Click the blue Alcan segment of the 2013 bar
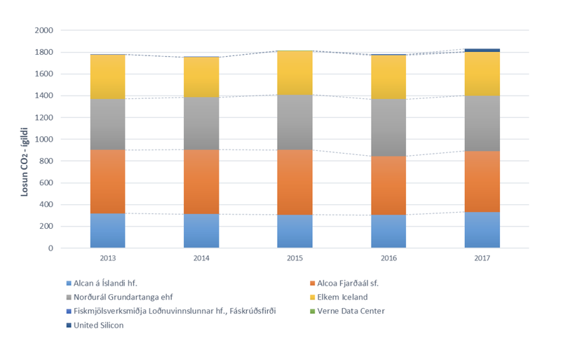pyautogui.click(x=107, y=230)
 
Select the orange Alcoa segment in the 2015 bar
pyautogui.click(x=295, y=182)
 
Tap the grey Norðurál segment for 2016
pyautogui.click(x=388, y=127)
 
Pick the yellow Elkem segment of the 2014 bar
pyautogui.click(x=201, y=77)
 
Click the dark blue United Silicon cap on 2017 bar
pyautogui.click(x=482, y=50)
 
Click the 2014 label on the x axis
pyautogui.click(x=201, y=258)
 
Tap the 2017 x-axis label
pyautogui.click(x=482, y=258)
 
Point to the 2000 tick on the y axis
pyautogui.click(x=43, y=31)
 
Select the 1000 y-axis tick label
pyautogui.click(x=43, y=140)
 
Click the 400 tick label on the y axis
pyautogui.click(x=46, y=205)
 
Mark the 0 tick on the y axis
pyautogui.click(x=50, y=248)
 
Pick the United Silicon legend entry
pyautogui.click(x=99, y=325)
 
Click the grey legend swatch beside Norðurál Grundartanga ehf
pyautogui.click(x=68, y=297)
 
